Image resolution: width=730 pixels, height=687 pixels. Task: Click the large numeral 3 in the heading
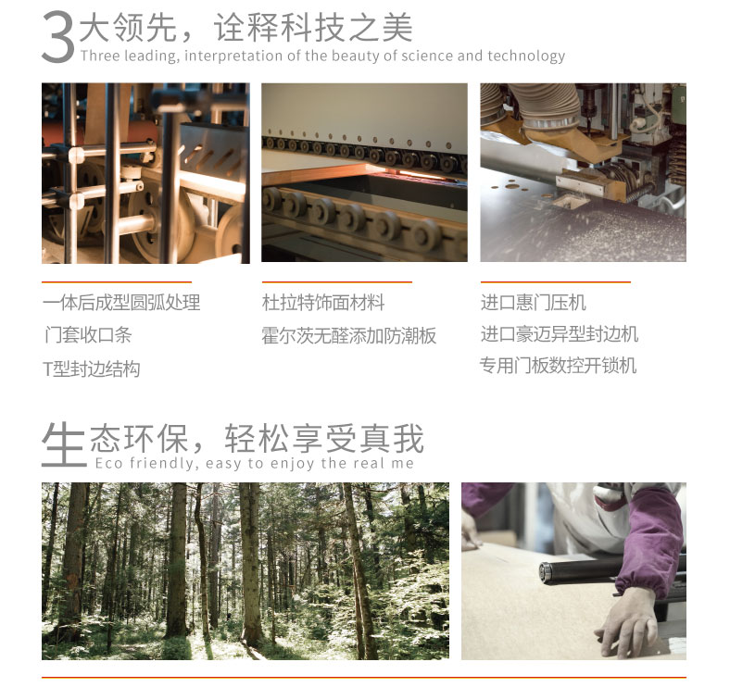tap(57, 37)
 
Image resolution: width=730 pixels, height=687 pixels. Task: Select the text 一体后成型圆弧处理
tap(121, 303)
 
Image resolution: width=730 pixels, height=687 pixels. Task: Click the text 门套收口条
tap(88, 334)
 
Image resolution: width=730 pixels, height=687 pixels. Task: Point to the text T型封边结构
tap(91, 368)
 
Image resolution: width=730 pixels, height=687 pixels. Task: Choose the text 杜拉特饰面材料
tap(323, 303)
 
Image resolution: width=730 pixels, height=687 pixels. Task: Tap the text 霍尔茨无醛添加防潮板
tap(348, 335)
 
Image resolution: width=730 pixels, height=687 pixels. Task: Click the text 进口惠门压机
tap(533, 303)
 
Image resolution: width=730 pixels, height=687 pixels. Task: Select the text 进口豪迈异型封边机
tap(560, 334)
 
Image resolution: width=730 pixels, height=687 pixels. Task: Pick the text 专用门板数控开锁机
tap(558, 366)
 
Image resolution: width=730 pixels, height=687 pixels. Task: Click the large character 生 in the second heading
tap(64, 444)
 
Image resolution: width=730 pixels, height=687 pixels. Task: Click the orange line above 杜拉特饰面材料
tap(337, 281)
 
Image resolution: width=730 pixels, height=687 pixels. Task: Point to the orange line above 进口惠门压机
tap(556, 281)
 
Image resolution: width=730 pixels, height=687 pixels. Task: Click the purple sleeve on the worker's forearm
tap(649, 540)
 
